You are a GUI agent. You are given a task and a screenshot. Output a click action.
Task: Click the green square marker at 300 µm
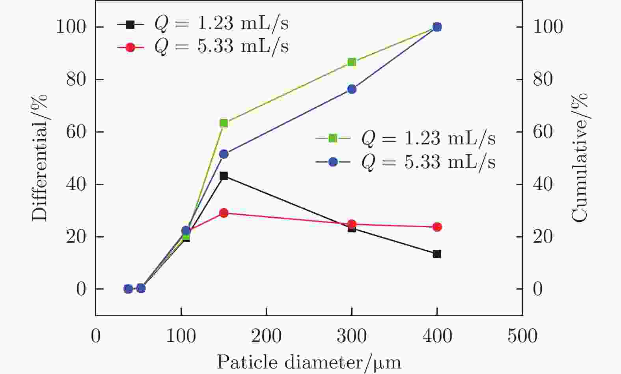pos(352,62)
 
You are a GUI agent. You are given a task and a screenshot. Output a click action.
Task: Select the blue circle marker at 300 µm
pos(352,89)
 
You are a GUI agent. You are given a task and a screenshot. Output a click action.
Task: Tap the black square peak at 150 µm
pos(224,176)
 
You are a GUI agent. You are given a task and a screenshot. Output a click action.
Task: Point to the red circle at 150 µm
pos(224,213)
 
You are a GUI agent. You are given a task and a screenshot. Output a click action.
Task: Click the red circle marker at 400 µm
pos(437,227)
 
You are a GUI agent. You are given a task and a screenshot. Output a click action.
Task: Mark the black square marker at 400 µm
pos(437,254)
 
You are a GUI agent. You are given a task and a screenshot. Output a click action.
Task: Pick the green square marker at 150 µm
pos(224,123)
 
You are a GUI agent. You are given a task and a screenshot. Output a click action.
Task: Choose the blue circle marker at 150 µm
pos(224,154)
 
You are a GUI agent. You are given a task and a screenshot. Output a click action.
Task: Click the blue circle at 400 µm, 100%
pos(437,27)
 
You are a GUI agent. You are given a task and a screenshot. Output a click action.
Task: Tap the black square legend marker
pos(131,24)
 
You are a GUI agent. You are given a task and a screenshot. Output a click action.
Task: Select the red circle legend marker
pos(131,47)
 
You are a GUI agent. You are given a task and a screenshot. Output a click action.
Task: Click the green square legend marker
pos(333,138)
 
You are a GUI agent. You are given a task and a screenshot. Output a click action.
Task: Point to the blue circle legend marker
pos(333,162)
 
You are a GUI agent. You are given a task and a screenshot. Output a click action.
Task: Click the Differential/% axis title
pos(39,158)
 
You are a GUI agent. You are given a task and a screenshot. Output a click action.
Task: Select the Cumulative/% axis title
pos(579,158)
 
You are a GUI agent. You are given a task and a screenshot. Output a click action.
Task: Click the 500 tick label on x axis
pos(522,337)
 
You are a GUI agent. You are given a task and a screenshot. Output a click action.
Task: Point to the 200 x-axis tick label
pos(266,337)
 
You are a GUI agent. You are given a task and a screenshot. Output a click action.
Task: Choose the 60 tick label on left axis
pos(76,132)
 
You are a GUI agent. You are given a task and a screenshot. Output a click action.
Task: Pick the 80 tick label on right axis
pos(543,80)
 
